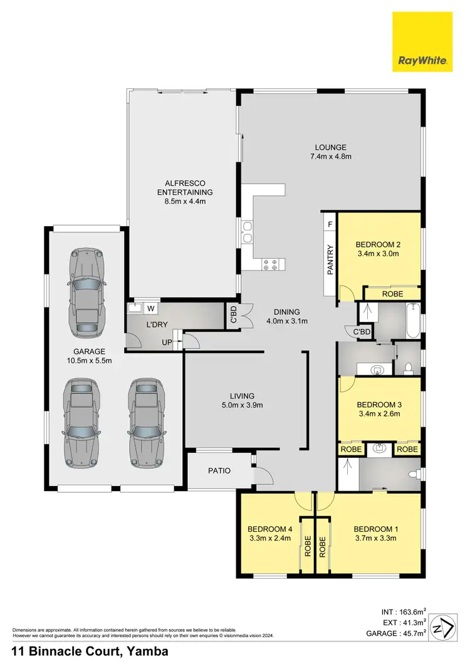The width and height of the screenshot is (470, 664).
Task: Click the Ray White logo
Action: [422, 43]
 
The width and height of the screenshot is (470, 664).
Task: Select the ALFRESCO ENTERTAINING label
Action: [184, 187]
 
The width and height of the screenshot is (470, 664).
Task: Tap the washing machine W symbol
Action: [150, 308]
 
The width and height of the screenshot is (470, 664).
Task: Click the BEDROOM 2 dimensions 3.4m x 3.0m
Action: [377, 254]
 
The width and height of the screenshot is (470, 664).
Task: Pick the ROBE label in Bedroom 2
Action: [392, 294]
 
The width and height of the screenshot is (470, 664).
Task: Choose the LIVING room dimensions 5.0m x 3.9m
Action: [241, 405]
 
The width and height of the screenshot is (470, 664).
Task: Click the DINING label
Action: [287, 312]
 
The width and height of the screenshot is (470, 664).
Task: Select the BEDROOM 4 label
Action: [269, 527]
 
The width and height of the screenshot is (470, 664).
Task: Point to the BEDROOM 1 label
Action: [376, 527]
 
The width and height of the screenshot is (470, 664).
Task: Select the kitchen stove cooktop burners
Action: [271, 265]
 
